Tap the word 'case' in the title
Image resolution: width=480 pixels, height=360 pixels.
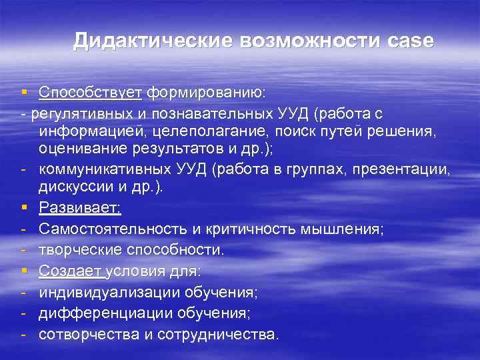pos(409,41)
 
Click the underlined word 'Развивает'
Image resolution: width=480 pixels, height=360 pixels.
pos(79,209)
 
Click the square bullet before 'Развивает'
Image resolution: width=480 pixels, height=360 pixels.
pos(23,209)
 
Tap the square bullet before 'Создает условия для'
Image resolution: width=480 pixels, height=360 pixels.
pos(23,272)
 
